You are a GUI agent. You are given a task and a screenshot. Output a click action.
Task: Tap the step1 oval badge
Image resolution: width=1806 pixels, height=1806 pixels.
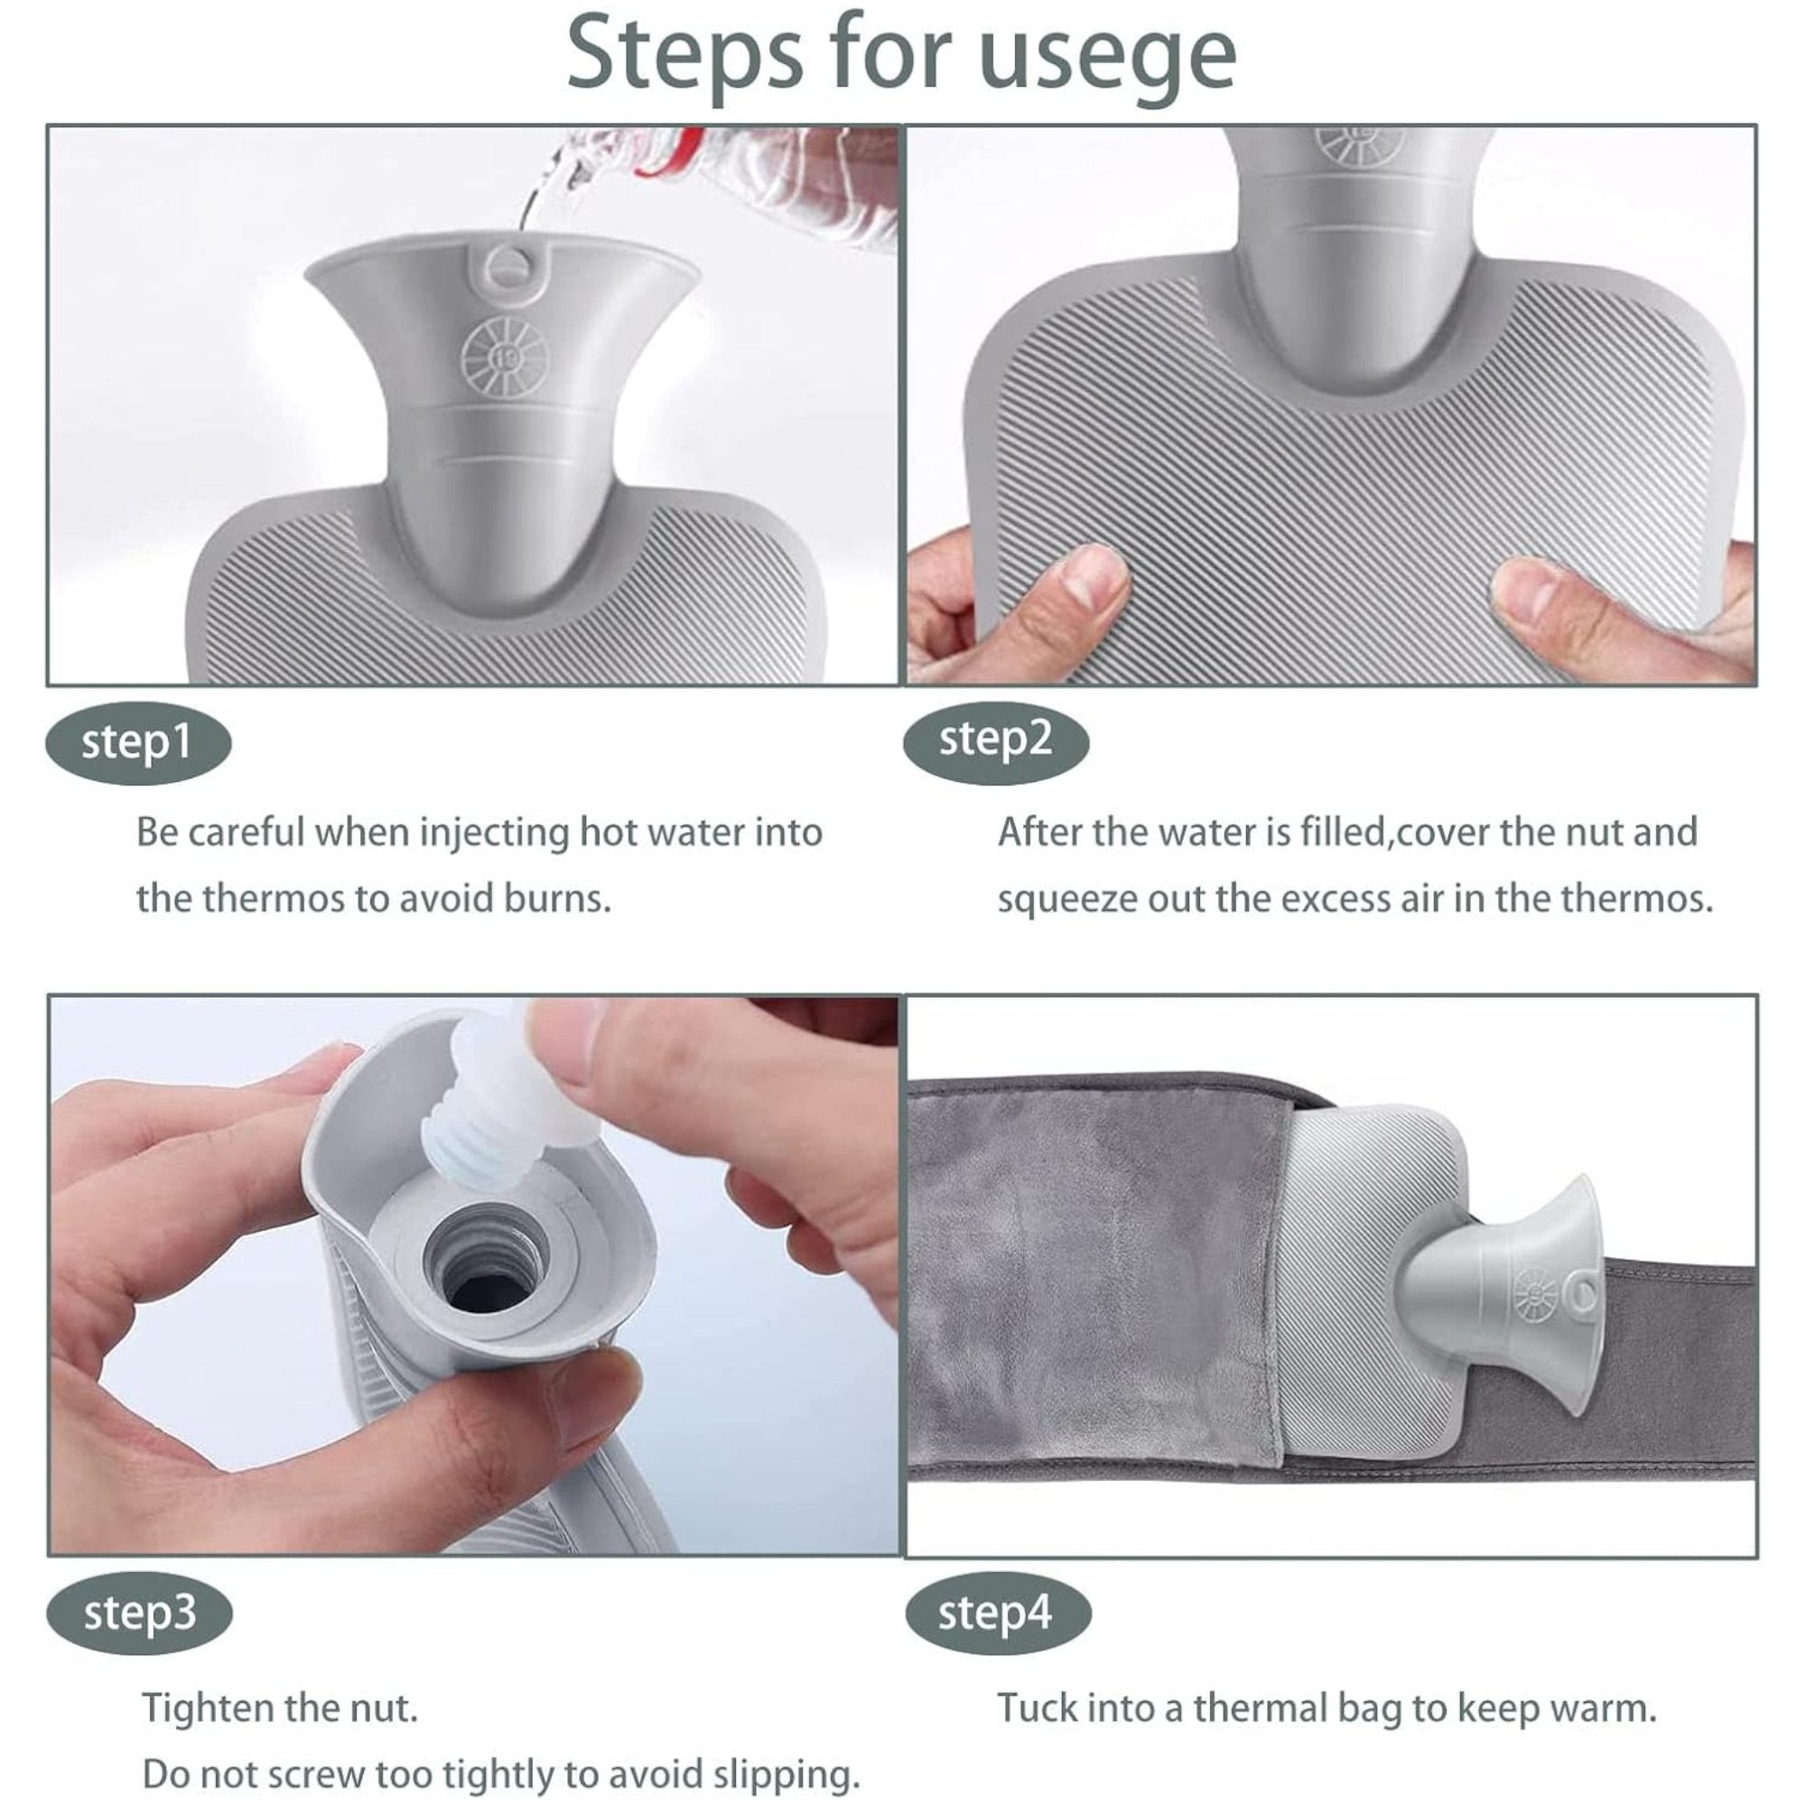(138, 743)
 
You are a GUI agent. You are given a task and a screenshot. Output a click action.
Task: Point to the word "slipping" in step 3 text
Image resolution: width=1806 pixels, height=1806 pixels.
(786, 1774)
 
